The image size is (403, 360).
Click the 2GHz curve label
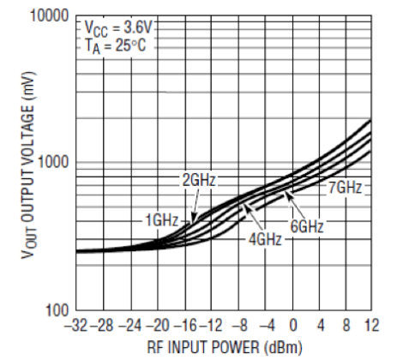(198, 181)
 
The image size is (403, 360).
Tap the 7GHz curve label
(348, 187)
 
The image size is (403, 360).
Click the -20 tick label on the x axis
(163, 327)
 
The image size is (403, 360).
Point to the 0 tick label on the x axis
(293, 327)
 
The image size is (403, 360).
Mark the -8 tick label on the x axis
(241, 327)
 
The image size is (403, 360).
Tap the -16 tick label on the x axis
(189, 327)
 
